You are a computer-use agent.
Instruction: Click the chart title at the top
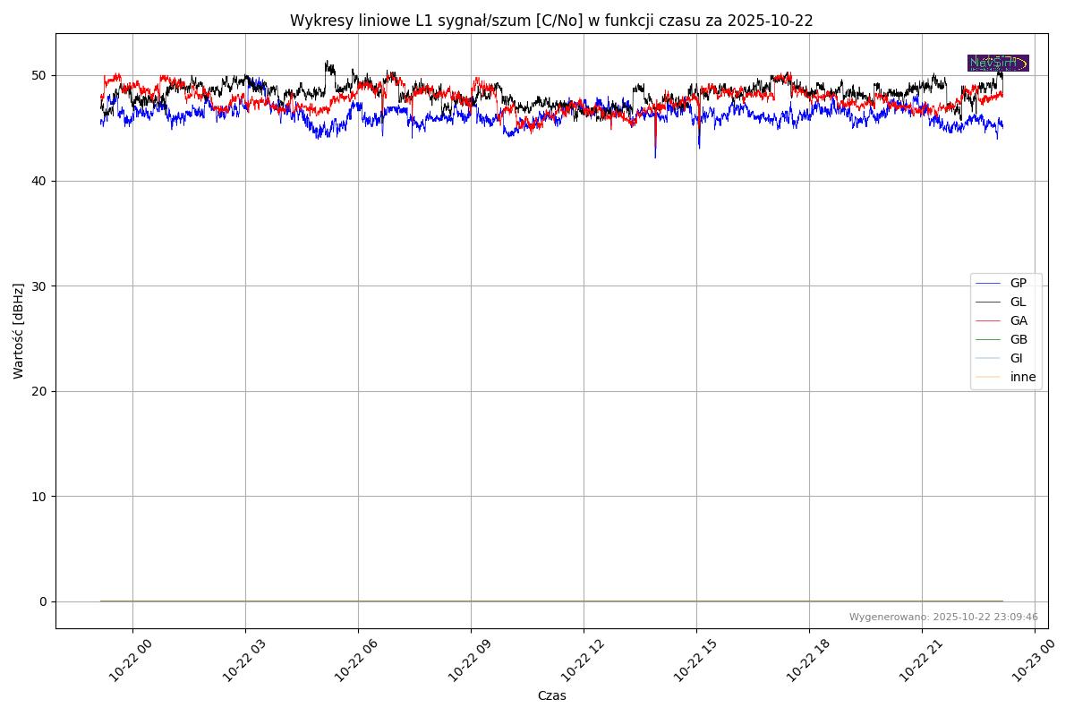pyautogui.click(x=551, y=21)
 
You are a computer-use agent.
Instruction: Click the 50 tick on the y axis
pyautogui.click(x=40, y=75)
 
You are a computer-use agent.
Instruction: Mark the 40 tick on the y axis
pyautogui.click(x=40, y=181)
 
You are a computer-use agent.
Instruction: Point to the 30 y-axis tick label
pyautogui.click(x=40, y=286)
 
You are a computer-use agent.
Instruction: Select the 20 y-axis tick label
pyautogui.click(x=40, y=391)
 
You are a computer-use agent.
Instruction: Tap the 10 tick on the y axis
pyautogui.click(x=40, y=496)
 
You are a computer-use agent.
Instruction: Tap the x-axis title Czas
pyautogui.click(x=551, y=695)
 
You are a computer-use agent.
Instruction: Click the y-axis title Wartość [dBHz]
pyautogui.click(x=19, y=330)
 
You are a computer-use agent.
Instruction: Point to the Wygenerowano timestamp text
pyautogui.click(x=943, y=617)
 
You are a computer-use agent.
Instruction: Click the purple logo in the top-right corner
pyautogui.click(x=998, y=63)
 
